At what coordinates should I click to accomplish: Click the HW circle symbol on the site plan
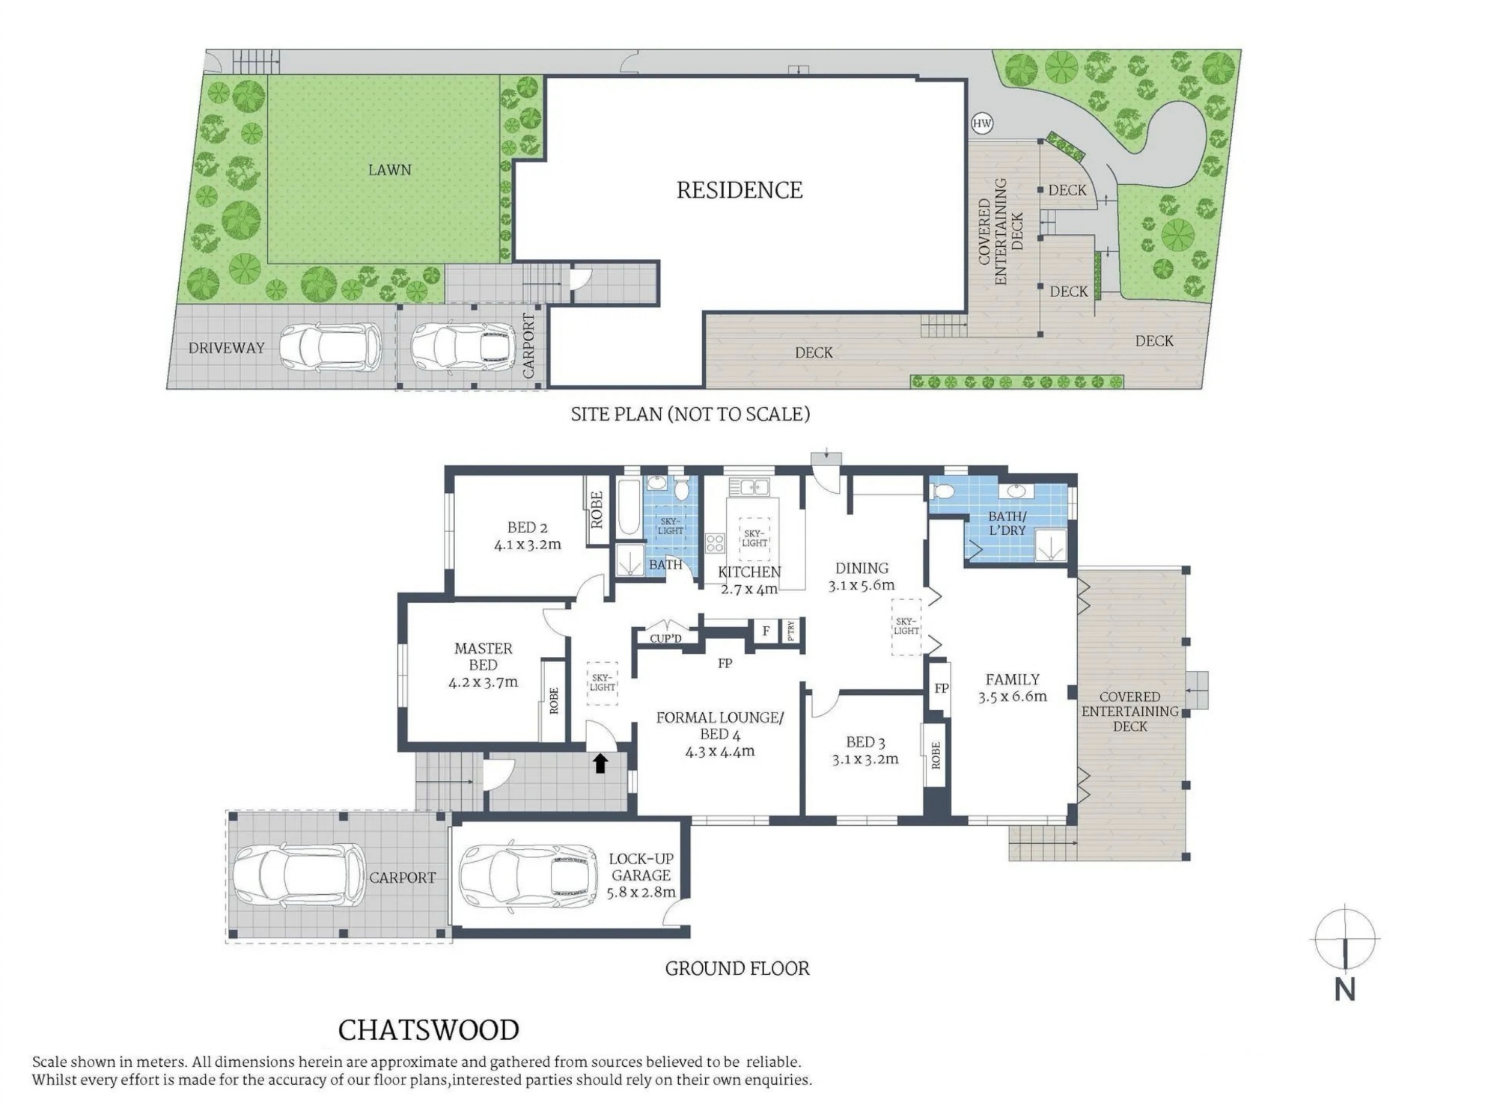[x=982, y=123]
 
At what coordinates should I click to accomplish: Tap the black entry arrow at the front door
[x=600, y=762]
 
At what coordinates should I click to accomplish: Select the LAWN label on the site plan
[x=389, y=170]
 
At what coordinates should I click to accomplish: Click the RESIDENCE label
[x=740, y=190]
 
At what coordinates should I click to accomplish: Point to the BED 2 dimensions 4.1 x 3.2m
[x=527, y=545]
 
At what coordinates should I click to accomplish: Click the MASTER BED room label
[x=483, y=656]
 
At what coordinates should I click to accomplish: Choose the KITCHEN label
[x=749, y=572]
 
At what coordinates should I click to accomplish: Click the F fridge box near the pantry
[x=766, y=631]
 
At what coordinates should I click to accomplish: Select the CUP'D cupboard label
[x=665, y=638]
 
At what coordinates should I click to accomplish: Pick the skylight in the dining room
[x=906, y=626]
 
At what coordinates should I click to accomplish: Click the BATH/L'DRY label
[x=1007, y=523]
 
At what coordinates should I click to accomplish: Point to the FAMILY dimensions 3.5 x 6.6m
[x=1012, y=697]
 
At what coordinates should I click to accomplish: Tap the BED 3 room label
[x=865, y=742]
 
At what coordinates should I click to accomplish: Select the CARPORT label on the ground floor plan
[x=402, y=878]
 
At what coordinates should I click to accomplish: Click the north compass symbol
[x=1345, y=937]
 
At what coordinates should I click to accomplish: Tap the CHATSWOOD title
[x=428, y=1030]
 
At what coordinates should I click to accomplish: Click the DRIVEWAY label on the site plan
[x=226, y=348]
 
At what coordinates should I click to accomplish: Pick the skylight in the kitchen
[x=754, y=538]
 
